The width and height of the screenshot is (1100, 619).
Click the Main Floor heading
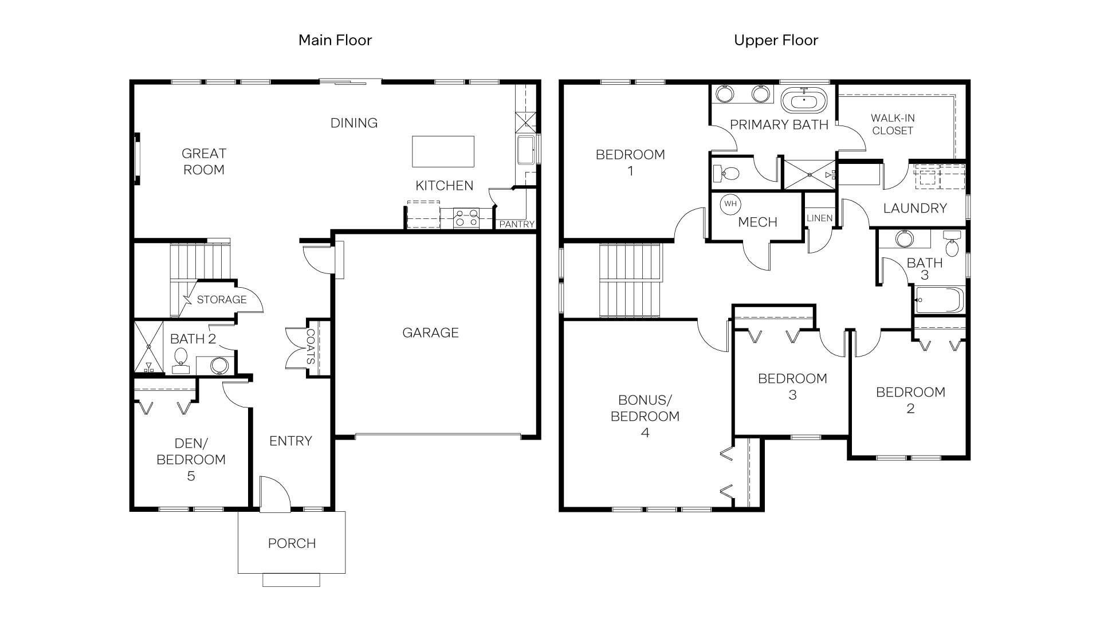click(335, 40)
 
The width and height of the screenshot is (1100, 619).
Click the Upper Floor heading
click(776, 40)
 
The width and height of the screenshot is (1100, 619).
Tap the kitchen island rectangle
click(443, 151)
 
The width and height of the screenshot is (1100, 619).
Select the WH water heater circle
click(730, 204)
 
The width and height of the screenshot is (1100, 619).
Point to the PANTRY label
click(516, 224)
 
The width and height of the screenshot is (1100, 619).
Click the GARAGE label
click(430, 332)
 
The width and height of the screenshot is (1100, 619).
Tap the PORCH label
click(292, 543)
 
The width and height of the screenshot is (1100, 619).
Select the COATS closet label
click(310, 347)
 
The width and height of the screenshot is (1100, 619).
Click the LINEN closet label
click(819, 218)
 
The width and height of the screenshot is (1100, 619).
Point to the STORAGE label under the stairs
click(221, 299)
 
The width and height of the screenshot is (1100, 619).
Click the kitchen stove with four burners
click(466, 218)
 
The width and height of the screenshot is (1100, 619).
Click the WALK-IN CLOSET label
click(892, 124)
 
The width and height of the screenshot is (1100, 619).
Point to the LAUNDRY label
click(914, 208)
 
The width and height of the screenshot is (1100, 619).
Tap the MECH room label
click(757, 222)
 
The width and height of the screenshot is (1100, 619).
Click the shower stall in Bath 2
click(148, 347)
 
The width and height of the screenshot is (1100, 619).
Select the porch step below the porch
click(291, 579)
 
